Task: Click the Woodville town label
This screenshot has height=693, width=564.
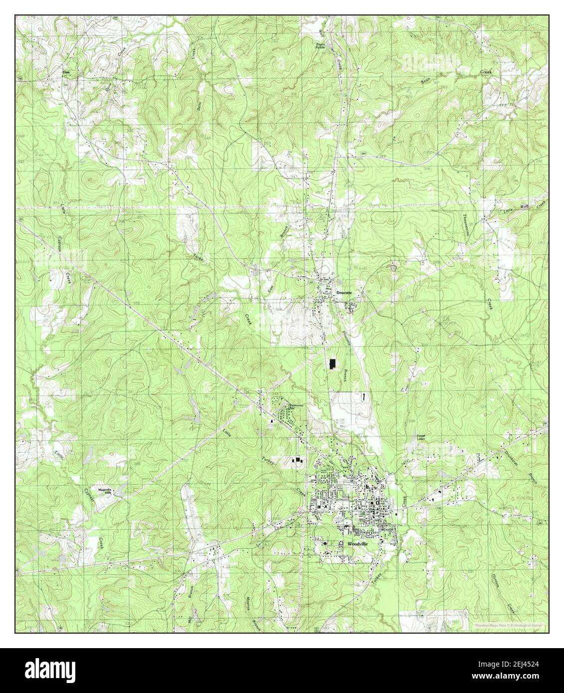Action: pyautogui.click(x=357, y=543)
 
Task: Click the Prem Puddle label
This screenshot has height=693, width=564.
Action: pyautogui.click(x=320, y=46)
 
